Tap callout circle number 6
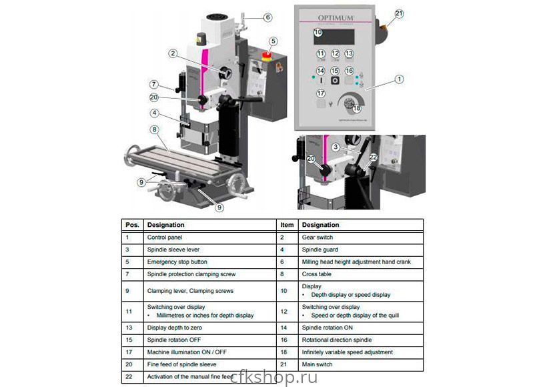[x=267, y=17]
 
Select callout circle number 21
[x=399, y=13]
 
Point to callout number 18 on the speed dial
[x=357, y=108]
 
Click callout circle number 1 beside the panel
[x=399, y=79]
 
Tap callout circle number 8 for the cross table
[x=154, y=129]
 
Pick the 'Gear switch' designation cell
[x=317, y=237]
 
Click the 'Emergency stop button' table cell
[x=177, y=262]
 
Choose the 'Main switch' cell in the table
[x=317, y=364]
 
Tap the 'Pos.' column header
[x=131, y=225]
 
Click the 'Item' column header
[x=287, y=225]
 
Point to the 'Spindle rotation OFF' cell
[x=174, y=340]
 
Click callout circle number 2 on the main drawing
[x=173, y=53]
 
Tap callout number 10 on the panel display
[x=318, y=32]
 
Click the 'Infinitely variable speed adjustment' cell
[x=348, y=352]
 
